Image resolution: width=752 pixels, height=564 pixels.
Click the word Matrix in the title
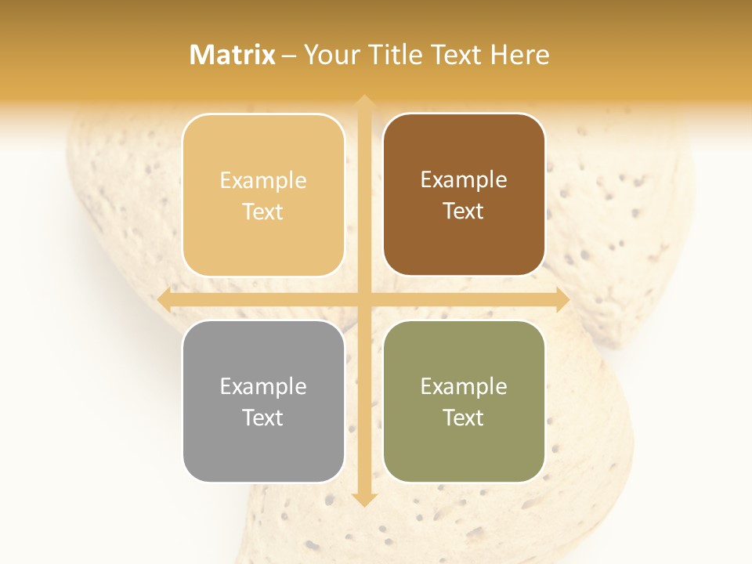point(233,55)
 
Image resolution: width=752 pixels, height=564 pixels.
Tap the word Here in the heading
point(519,55)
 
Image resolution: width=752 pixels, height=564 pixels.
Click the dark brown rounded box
point(464,194)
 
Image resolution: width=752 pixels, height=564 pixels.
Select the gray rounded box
point(263,401)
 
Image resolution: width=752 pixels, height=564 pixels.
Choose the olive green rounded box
point(464,401)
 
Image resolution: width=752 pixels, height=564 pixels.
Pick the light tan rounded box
point(263,194)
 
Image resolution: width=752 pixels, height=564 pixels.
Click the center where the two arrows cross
point(363,299)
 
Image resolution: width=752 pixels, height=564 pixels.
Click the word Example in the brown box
point(464,180)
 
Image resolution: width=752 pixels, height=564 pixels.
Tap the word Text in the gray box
point(263,418)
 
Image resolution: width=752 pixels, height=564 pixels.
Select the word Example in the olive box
point(464,386)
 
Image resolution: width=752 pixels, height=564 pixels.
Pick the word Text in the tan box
point(263,211)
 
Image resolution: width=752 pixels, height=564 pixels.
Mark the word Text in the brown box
point(464,211)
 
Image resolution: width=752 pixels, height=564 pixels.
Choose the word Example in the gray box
point(263,386)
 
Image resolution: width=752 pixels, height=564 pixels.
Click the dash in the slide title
point(289,56)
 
